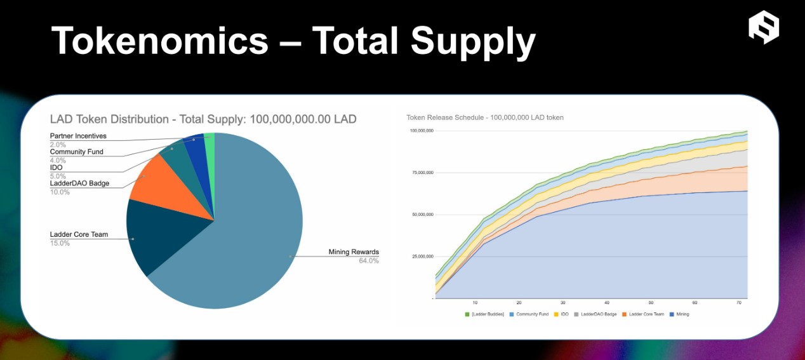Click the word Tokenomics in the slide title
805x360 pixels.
pos(159,41)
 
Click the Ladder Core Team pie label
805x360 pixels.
pos(79,234)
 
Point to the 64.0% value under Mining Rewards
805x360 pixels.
pos(368,260)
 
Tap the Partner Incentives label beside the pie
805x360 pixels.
pos(78,136)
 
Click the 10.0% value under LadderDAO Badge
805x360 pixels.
pos(60,192)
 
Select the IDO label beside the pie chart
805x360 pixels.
pos(56,168)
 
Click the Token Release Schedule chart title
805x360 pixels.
pos(485,117)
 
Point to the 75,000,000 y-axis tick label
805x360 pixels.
pos(421,173)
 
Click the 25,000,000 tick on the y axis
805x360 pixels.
pos(421,257)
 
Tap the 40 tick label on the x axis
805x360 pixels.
pos(607,302)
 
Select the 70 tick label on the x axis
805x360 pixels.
pos(739,302)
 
